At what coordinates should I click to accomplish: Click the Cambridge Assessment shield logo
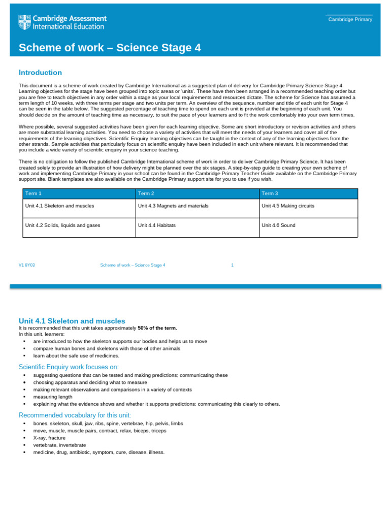(x=24, y=22)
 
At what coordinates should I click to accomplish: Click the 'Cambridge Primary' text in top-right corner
(x=350, y=19)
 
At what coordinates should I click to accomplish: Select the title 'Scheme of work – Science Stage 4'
(x=110, y=48)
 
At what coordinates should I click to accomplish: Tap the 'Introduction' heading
(x=40, y=73)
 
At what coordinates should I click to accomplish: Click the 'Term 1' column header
(x=34, y=193)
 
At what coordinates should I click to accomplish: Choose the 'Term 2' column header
(x=146, y=193)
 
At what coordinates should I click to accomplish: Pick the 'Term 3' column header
(x=270, y=193)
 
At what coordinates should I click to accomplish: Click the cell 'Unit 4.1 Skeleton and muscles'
(x=59, y=206)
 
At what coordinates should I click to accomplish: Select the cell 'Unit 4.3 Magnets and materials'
(x=173, y=206)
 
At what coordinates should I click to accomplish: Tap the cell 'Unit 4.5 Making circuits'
(x=288, y=206)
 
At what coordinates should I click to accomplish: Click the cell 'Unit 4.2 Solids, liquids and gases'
(x=62, y=225)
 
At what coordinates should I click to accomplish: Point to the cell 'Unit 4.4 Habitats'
(x=157, y=225)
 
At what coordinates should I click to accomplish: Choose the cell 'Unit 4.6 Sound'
(x=278, y=225)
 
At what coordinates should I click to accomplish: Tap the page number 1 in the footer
(x=232, y=265)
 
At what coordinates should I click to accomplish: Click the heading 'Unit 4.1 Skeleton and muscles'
(x=72, y=321)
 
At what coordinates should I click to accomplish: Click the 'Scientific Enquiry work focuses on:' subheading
(x=69, y=367)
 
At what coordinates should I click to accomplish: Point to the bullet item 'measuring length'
(x=53, y=397)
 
